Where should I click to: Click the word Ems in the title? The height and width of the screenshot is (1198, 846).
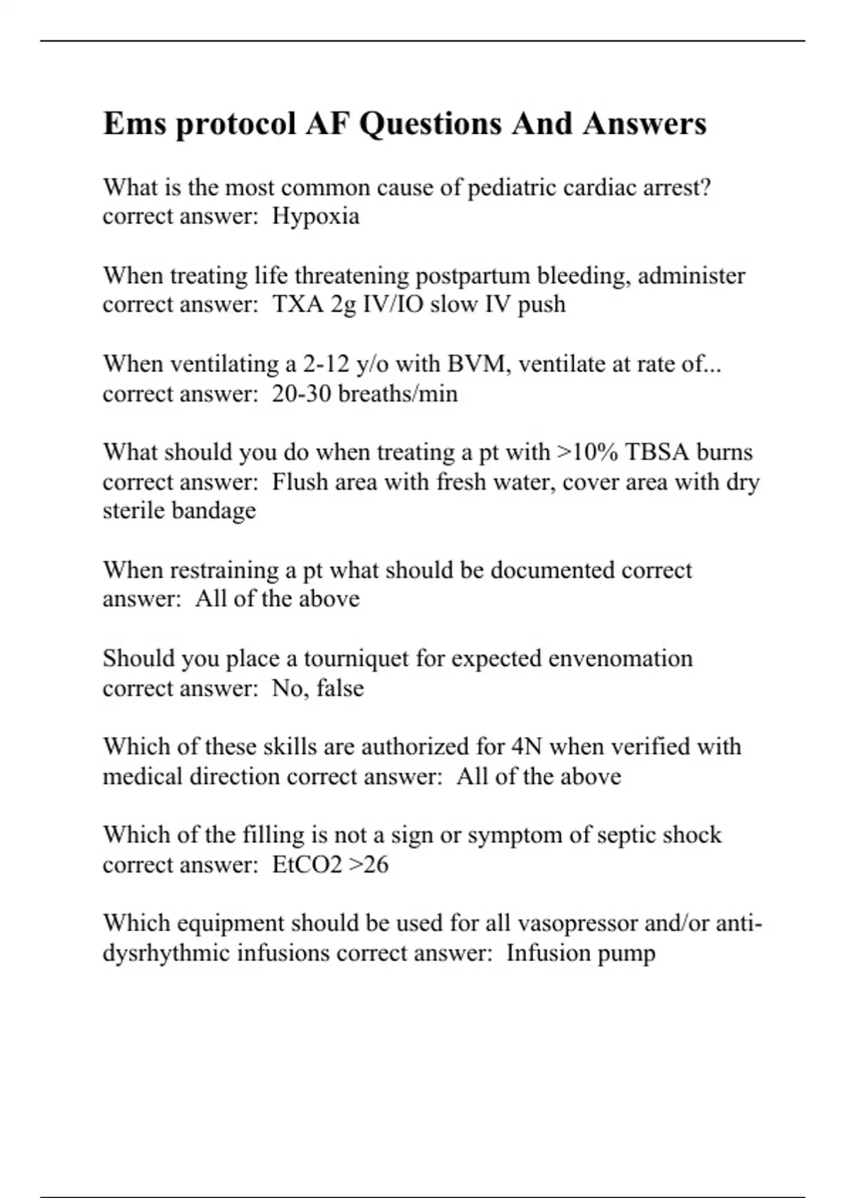[x=133, y=124]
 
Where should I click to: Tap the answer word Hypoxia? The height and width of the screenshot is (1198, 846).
[x=316, y=216]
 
